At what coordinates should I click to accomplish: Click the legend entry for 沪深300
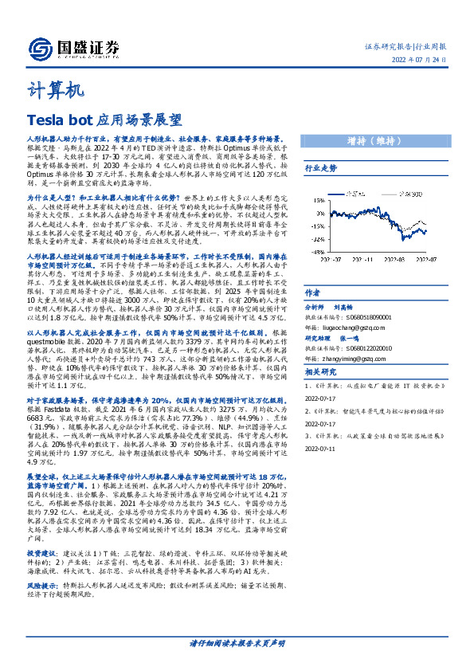coord(409,194)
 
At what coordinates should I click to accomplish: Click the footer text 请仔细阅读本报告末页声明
coord(237,642)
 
